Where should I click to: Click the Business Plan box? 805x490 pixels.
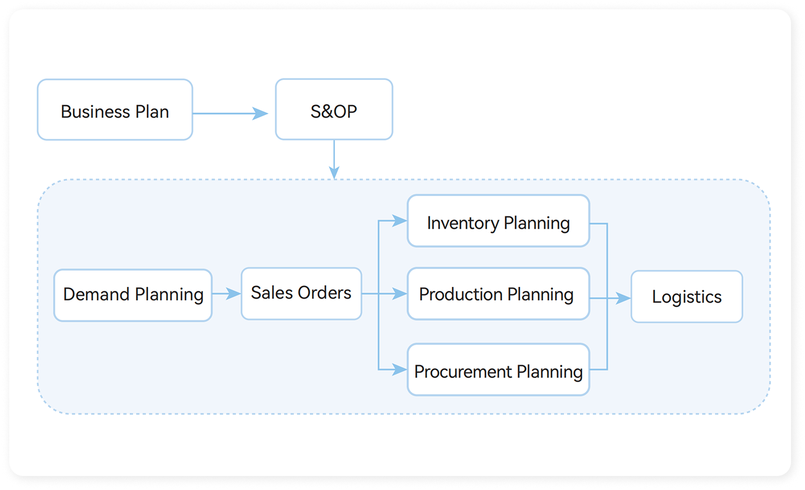[x=115, y=110]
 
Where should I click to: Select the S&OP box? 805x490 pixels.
[x=334, y=110]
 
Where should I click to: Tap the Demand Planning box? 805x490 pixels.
[x=133, y=295]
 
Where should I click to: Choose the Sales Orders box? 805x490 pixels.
[x=301, y=293]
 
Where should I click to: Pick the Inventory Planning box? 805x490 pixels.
[x=498, y=221]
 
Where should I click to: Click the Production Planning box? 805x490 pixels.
[x=498, y=294]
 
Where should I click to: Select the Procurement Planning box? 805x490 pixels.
[x=498, y=370]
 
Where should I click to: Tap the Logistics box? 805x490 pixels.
[x=687, y=296]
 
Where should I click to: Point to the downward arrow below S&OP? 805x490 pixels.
[x=334, y=160]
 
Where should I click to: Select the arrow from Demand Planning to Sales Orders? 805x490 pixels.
[x=226, y=294]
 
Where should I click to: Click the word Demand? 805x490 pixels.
[x=97, y=295]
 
